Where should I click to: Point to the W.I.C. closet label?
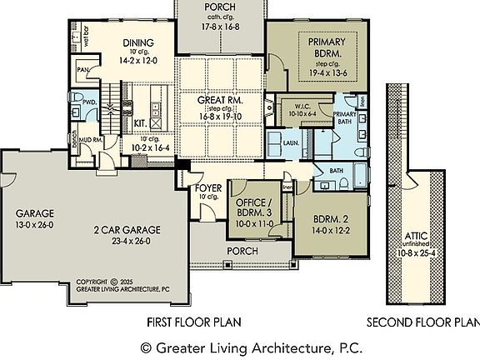click(297, 105)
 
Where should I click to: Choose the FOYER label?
click(207, 187)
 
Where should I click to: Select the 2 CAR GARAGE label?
click(127, 230)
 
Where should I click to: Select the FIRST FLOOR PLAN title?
click(194, 322)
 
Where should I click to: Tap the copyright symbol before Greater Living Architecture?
click(146, 344)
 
